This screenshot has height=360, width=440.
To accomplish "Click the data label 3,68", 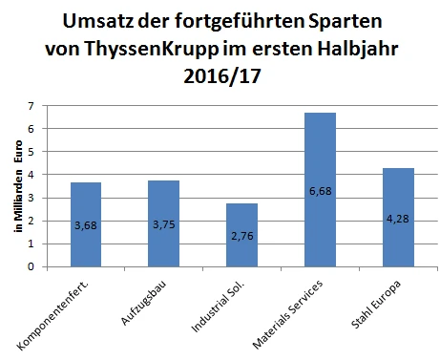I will [85, 225].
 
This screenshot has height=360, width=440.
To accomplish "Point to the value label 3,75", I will [163, 225].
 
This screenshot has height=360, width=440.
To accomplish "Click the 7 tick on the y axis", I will [33, 106].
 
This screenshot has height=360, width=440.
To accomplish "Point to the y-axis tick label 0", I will [33, 267].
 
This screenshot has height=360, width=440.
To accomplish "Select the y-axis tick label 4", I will [33, 175].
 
